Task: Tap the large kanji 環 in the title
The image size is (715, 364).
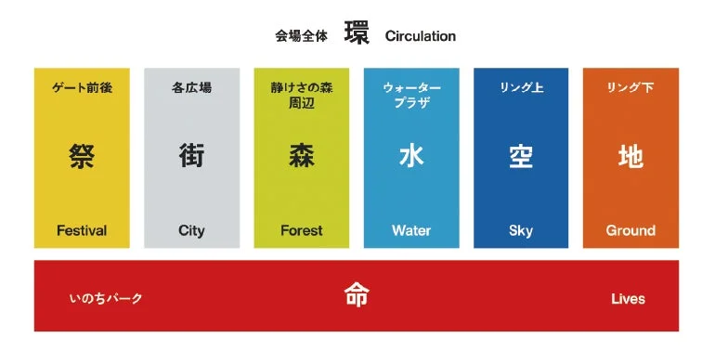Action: pyautogui.click(x=357, y=33)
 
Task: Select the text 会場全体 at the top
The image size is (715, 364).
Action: pyautogui.click(x=302, y=36)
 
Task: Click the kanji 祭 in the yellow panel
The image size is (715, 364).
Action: pyautogui.click(x=82, y=156)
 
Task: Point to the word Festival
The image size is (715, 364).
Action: pyautogui.click(x=82, y=230)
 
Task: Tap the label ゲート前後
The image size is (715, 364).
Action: pyautogui.click(x=82, y=88)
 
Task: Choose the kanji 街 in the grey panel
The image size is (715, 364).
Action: pyautogui.click(x=191, y=156)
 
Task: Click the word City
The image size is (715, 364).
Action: pyautogui.click(x=191, y=230)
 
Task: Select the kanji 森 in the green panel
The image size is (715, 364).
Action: pyautogui.click(x=302, y=156)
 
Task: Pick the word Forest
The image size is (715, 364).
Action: pyautogui.click(x=302, y=230)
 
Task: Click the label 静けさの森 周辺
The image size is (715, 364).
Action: pyautogui.click(x=302, y=96)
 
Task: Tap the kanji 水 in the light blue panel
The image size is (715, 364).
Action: pyautogui.click(x=411, y=156)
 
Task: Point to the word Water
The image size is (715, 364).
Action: pyautogui.click(x=411, y=230)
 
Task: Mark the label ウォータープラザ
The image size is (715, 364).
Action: pyautogui.click(x=411, y=96)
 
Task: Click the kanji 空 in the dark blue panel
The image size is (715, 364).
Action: pyautogui.click(x=521, y=156)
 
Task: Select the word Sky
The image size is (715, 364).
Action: pyautogui.click(x=521, y=230)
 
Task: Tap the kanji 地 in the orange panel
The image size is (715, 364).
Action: pyautogui.click(x=630, y=156)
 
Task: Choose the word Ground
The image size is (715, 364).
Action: pyautogui.click(x=630, y=230)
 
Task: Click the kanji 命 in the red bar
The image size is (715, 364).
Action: pyautogui.click(x=357, y=296)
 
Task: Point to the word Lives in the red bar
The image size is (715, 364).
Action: pyautogui.click(x=628, y=299)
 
